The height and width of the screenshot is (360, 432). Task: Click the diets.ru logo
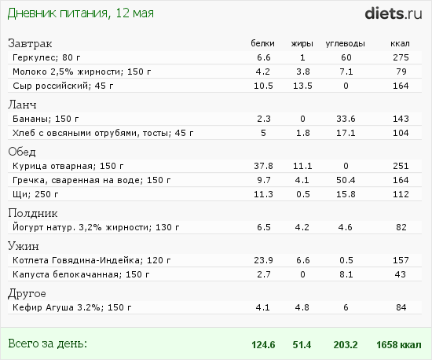coord(394,13)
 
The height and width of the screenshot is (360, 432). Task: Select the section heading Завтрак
coord(30,43)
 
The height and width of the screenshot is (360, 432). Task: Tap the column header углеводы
coord(346,43)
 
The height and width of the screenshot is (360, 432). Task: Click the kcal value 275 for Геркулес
coord(401,57)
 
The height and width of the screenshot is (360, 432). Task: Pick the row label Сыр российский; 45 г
coord(63,86)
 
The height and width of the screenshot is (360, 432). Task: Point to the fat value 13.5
coord(302,86)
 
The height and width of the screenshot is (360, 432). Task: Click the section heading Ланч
coord(22,105)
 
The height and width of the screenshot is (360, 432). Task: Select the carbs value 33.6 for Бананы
coord(346,119)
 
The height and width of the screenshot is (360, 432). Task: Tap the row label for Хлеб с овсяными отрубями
coord(103,133)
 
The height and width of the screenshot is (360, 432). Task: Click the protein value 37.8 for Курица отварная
coord(263,166)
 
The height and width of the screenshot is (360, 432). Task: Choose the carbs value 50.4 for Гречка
coord(346,180)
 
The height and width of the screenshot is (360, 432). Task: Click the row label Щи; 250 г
coord(35,194)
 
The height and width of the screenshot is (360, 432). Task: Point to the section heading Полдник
coord(32,213)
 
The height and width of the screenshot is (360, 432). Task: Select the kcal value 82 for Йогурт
coord(401,227)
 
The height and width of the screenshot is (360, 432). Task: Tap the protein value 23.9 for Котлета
coord(263,260)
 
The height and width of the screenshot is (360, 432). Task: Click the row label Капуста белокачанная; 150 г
coord(81,274)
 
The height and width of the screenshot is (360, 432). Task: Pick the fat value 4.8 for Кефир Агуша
coord(302,307)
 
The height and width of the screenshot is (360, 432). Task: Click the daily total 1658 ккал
coord(399,345)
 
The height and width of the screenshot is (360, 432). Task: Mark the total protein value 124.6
coord(263,345)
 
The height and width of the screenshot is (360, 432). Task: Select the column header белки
coord(262,43)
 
